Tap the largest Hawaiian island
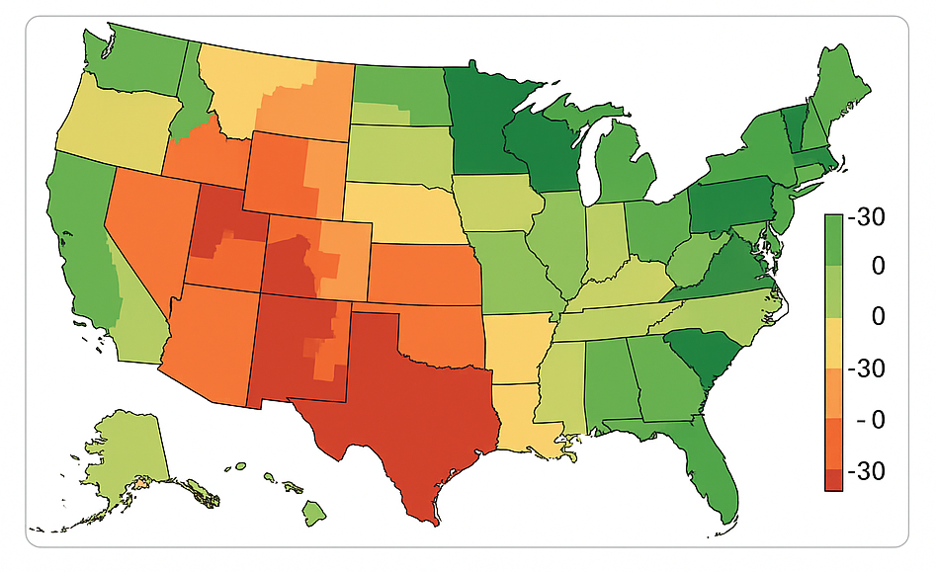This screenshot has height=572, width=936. click(313, 511)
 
